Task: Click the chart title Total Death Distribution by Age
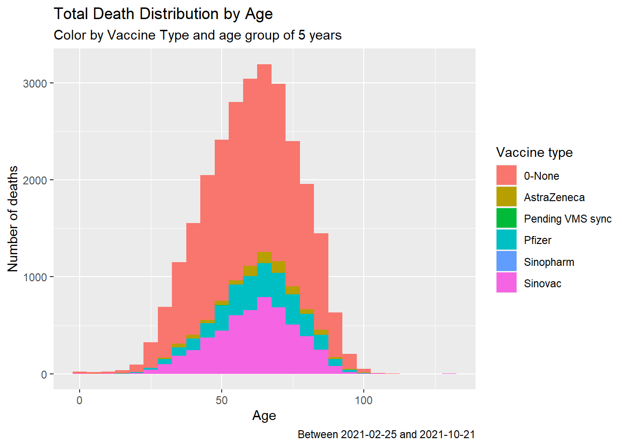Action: pos(163,14)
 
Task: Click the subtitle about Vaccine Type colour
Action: pos(197,35)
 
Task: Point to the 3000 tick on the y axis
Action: pos(35,83)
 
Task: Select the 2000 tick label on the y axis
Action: pos(35,180)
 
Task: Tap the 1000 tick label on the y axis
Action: pos(35,277)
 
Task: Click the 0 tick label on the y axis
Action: pos(44,374)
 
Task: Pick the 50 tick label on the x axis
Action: pos(222,400)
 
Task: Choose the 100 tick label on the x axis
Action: pos(364,400)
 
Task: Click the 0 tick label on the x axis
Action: pos(80,400)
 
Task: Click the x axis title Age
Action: pos(264,415)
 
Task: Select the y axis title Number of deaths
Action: pos(13,219)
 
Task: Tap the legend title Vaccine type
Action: pos(534,152)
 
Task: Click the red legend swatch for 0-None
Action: pos(506,176)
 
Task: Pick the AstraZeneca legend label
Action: pos(554,197)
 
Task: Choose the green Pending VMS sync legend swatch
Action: pos(506,218)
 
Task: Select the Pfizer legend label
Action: pos(538,240)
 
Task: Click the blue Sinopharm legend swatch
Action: pos(506,261)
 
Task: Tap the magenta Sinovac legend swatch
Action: pos(506,283)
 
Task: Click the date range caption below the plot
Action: pos(386,434)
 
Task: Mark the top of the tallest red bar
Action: pos(264,65)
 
